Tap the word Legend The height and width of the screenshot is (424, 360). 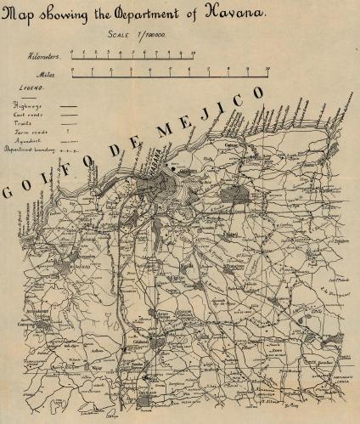31,87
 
